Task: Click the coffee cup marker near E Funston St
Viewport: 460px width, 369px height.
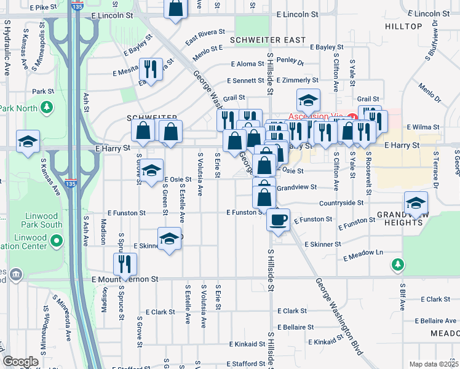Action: coord(278,220)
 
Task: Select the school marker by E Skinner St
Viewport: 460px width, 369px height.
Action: coord(169,239)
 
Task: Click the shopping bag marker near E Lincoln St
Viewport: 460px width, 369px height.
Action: coord(176,9)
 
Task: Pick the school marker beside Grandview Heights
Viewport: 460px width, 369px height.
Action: coord(416,204)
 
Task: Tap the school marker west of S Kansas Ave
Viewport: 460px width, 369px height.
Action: coord(28,141)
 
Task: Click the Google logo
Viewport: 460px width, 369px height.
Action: coord(20,362)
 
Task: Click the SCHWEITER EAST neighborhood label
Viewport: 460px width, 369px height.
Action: coord(268,40)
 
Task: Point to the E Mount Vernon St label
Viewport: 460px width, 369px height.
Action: coord(125,279)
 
